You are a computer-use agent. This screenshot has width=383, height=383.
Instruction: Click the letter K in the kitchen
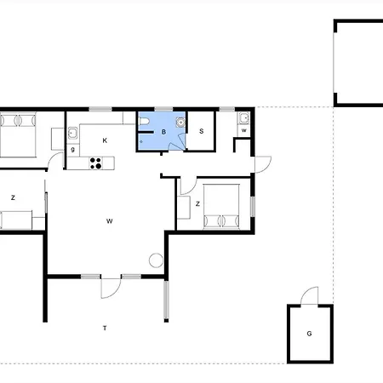click(105, 140)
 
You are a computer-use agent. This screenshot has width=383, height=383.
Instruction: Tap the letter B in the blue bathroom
click(163, 132)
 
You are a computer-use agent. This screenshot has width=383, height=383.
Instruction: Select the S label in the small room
click(202, 131)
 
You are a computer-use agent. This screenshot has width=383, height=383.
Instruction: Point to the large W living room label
click(110, 221)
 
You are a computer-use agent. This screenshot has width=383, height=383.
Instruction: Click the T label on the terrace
click(105, 329)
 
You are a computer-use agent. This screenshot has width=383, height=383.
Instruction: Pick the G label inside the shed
click(309, 334)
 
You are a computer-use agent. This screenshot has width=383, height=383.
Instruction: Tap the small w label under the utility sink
click(244, 130)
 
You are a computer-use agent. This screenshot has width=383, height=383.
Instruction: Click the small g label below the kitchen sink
click(73, 150)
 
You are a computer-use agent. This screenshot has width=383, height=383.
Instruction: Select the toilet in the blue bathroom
click(144, 122)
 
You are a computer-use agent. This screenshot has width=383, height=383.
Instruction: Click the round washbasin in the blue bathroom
click(180, 122)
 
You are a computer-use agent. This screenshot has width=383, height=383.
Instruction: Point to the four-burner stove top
click(95, 163)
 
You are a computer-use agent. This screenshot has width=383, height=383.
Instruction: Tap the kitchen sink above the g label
click(72, 133)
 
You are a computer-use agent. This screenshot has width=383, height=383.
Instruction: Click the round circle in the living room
click(156, 260)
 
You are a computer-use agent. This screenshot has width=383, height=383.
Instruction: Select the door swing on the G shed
click(310, 295)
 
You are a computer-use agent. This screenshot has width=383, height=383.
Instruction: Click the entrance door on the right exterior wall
click(263, 164)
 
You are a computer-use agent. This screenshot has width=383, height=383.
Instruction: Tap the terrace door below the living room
click(111, 289)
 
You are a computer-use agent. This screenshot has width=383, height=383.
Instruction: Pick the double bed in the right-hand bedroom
click(221, 207)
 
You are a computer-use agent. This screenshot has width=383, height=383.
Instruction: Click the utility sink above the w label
click(244, 118)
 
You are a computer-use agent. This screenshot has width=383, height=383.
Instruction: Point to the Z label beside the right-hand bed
click(197, 203)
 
